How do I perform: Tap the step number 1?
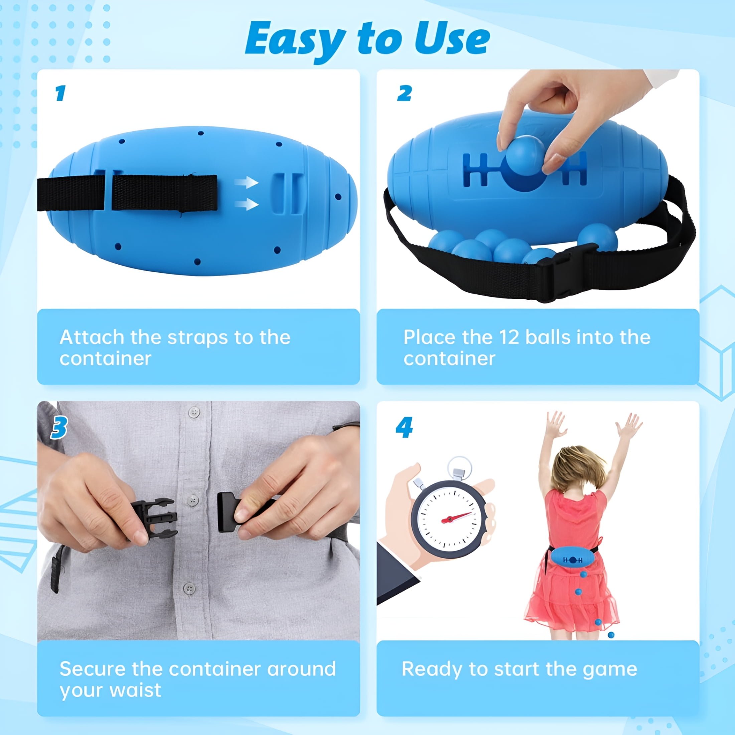point(60,93)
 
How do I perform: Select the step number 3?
point(59,427)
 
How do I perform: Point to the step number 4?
point(404,427)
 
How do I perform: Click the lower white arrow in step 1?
point(247,204)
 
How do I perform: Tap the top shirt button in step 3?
point(194,412)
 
